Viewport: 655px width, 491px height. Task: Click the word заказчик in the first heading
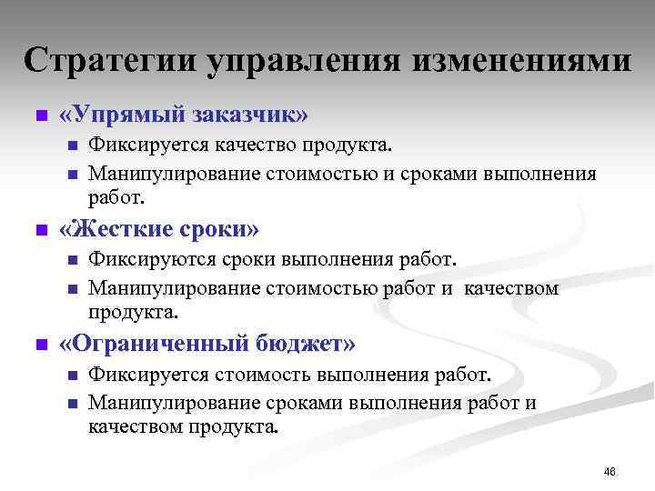[250, 115]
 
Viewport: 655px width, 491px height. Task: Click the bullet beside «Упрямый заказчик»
[39, 116]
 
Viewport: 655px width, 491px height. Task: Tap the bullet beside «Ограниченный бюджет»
[39, 346]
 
